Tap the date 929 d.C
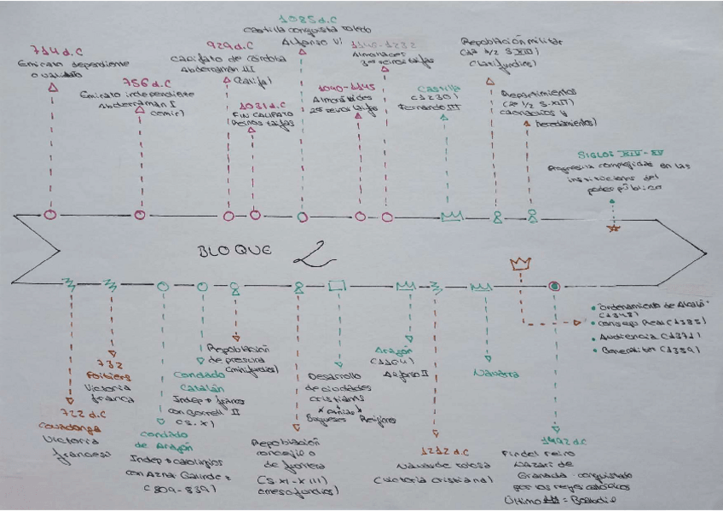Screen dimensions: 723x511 (227, 45)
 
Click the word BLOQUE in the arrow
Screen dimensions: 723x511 (228, 251)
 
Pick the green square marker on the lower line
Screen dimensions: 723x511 (337, 287)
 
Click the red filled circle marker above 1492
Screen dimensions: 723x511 (554, 287)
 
